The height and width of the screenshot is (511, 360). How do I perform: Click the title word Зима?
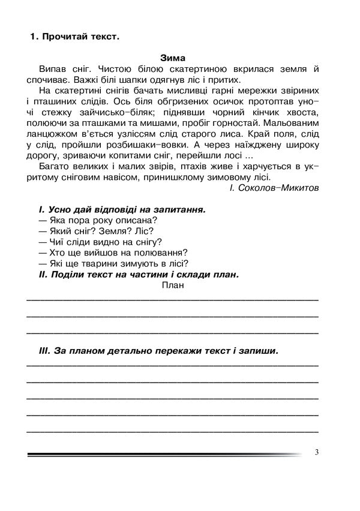pyautogui.click(x=173, y=58)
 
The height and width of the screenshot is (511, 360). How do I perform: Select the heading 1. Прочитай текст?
pyautogui.click(x=75, y=37)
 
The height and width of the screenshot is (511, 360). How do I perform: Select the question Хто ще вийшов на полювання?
pyautogui.click(x=113, y=253)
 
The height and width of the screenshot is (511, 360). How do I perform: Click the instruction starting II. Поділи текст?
pyautogui.click(x=138, y=275)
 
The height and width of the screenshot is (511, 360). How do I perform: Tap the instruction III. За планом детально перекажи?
pyautogui.click(x=159, y=351)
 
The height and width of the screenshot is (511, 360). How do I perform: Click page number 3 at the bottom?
pyautogui.click(x=316, y=453)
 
